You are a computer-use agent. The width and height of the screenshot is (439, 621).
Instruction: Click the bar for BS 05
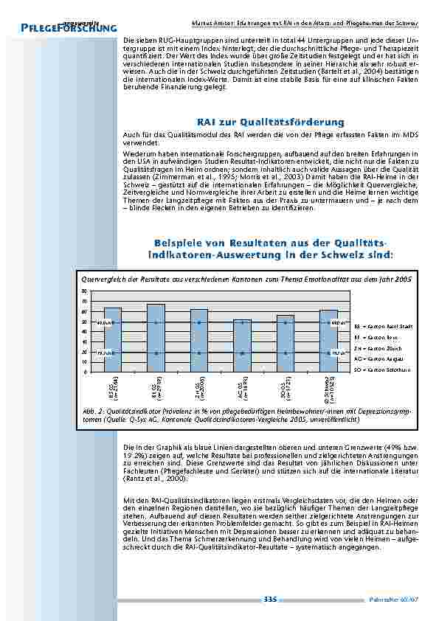click(112, 339)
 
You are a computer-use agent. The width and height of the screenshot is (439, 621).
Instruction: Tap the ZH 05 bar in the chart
click(198, 340)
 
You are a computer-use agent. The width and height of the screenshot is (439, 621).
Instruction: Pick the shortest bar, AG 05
click(242, 345)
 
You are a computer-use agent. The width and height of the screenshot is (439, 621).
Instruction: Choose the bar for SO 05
click(285, 343)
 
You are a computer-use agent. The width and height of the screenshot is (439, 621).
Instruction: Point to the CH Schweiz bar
click(328, 341)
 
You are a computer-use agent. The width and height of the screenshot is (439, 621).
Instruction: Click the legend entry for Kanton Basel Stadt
click(381, 325)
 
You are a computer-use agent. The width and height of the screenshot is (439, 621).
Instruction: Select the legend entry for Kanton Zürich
click(378, 347)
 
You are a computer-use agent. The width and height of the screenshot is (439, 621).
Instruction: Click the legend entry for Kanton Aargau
click(379, 358)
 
